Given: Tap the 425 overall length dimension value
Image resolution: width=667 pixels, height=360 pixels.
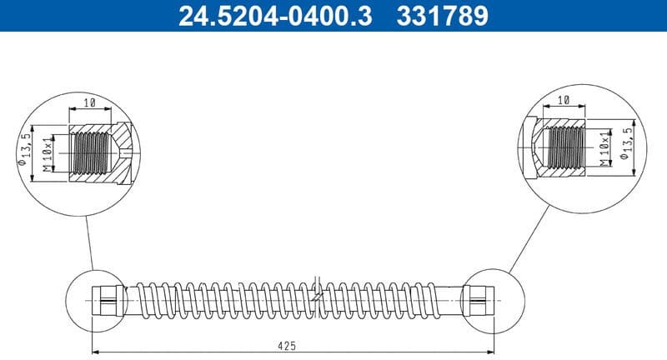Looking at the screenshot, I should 286,345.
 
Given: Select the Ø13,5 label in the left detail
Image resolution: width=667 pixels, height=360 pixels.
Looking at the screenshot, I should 28,150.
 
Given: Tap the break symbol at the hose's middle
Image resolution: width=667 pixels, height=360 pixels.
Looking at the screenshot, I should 315,293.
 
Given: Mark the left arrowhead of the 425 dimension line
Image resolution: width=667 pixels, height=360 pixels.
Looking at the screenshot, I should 94,350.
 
